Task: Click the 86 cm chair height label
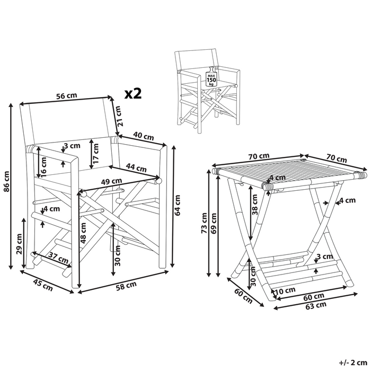(6, 181)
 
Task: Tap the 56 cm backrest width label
(66, 95)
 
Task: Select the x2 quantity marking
(133, 94)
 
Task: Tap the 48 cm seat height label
(84, 233)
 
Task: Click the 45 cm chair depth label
(43, 285)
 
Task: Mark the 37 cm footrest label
(58, 258)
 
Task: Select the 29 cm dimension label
(19, 244)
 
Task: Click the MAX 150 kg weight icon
(211, 77)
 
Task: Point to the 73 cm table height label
(204, 223)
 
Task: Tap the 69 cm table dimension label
(214, 223)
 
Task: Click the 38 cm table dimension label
(254, 205)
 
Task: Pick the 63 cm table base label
(316, 305)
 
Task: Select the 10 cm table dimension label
(286, 290)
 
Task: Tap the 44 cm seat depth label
(136, 167)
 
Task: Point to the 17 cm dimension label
(95, 153)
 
